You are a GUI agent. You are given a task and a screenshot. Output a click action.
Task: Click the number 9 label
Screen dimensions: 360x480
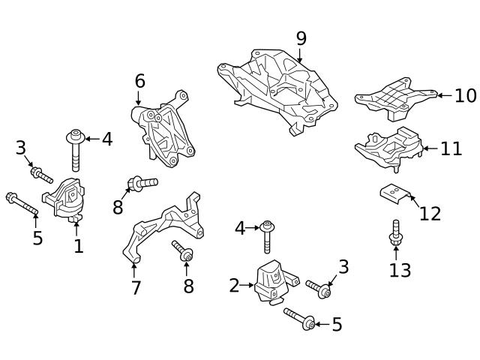(301, 38)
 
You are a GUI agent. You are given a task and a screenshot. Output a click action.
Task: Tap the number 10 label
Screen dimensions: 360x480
(465, 95)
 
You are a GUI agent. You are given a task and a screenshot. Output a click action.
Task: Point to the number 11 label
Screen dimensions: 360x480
(451, 148)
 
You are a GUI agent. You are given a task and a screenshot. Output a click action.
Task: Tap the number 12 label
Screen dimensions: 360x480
(430, 214)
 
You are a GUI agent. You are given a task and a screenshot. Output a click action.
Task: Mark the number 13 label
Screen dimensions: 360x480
(400, 269)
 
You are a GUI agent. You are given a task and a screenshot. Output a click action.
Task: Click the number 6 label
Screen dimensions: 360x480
(139, 80)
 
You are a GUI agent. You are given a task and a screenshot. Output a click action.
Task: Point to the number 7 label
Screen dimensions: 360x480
(136, 287)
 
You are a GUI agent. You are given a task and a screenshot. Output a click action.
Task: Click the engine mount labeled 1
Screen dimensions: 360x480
(65, 201)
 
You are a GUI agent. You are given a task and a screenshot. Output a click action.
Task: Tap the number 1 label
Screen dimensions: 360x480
(78, 246)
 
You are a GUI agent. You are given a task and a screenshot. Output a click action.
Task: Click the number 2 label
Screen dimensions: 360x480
(234, 285)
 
